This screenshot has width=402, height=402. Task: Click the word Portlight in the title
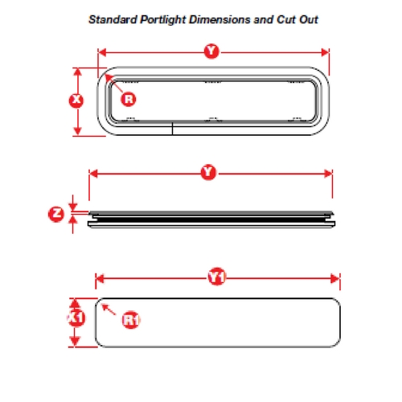(163, 20)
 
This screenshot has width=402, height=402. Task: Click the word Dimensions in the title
(219, 19)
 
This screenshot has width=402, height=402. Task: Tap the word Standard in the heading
(113, 19)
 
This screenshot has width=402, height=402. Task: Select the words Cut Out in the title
(297, 19)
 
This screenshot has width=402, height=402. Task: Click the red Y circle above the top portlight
(211, 51)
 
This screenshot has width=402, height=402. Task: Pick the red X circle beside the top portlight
(76, 100)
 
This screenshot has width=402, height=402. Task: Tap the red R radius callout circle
(129, 100)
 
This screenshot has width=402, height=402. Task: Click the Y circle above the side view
(208, 172)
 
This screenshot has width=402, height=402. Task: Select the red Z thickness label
(56, 214)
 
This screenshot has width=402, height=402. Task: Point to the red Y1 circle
(216, 277)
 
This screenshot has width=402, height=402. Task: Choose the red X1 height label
(76, 318)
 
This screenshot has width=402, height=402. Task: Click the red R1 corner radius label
(131, 320)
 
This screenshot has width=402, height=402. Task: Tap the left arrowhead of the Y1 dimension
(100, 279)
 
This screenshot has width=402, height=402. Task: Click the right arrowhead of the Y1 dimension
(335, 279)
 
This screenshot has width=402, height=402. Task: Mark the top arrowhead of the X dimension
(77, 72)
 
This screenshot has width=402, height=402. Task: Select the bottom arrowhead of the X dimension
(77, 131)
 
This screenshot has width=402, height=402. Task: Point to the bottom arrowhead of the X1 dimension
(75, 342)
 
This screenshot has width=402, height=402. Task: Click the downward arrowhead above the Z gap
(73, 207)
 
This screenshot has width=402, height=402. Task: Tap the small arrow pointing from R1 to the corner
(109, 310)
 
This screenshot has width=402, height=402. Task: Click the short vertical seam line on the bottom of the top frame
(172, 129)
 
